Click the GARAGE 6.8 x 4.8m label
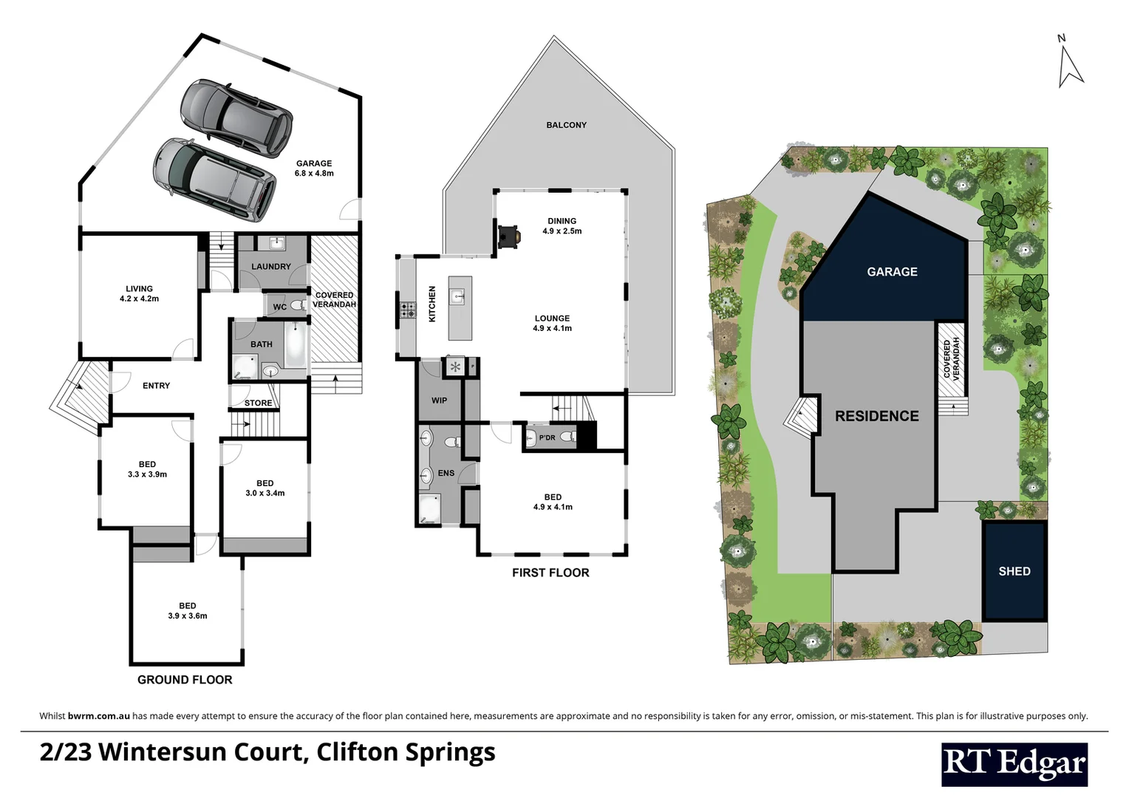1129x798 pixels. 314,168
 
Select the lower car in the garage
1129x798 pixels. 214,180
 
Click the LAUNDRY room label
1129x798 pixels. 270,267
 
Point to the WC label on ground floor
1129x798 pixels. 280,307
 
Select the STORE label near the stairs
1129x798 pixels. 258,403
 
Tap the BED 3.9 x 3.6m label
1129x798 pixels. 188,610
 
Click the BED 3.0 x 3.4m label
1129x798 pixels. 265,488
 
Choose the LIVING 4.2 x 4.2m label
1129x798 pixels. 139,293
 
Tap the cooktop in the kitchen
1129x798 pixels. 407,311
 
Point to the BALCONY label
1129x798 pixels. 566,125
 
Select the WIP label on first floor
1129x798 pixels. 439,400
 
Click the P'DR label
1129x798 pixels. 547,438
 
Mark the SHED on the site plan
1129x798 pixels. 1014,571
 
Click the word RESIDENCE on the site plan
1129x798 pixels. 876,416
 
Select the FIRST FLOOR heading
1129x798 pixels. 550,573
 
